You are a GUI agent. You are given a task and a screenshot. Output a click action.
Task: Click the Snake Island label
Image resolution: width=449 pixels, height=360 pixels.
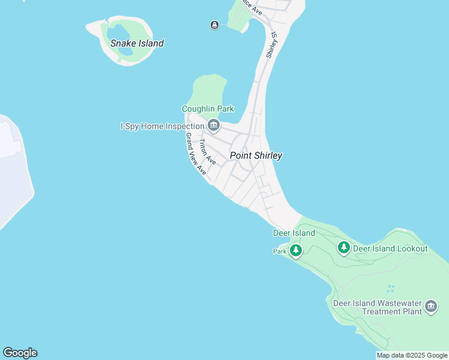(137, 43)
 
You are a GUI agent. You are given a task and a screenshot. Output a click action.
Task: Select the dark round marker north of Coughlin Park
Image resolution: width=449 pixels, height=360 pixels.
(214, 25)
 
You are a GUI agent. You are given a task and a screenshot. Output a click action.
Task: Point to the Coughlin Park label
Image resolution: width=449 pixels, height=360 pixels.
(208, 109)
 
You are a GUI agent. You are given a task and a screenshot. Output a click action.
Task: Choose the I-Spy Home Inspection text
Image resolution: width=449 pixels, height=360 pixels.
(162, 126)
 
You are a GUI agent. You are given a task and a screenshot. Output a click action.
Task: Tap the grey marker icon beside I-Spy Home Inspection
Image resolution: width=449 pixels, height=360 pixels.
(214, 125)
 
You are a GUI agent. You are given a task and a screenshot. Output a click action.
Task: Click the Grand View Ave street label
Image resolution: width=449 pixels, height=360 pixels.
(196, 154)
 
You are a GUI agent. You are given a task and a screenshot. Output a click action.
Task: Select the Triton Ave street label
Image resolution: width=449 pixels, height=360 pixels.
(208, 152)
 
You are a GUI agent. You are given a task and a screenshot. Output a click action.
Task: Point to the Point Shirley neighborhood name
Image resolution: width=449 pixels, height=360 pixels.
(256, 155)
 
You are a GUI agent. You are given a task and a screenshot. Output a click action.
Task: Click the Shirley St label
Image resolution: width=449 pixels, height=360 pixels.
(271, 46)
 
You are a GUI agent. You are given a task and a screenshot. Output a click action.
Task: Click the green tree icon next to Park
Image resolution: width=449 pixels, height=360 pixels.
(295, 250)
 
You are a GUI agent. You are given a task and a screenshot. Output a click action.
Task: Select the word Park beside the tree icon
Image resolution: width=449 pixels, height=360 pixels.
(280, 251)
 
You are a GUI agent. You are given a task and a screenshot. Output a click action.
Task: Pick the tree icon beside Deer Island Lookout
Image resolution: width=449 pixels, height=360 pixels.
(343, 247)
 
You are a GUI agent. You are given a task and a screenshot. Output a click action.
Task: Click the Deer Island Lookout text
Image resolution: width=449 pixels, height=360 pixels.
(390, 248)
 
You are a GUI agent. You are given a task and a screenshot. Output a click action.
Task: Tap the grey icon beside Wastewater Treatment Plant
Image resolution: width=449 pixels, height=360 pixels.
(430, 307)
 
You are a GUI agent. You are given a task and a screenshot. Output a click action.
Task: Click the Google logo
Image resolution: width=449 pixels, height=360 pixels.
(20, 353)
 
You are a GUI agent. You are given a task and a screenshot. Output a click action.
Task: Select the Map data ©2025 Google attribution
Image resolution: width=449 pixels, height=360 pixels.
(412, 355)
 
